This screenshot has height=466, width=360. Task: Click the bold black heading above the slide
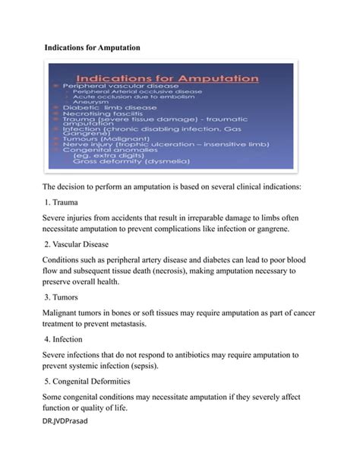(x=93, y=48)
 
